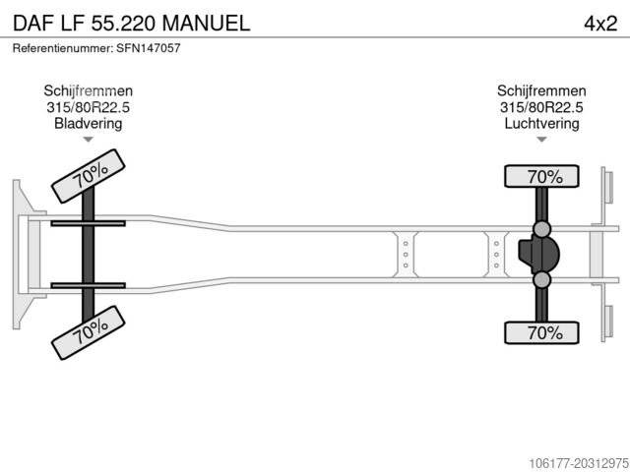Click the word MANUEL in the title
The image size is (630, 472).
[206, 23]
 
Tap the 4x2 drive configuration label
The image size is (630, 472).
[600, 24]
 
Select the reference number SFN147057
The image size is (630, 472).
[149, 48]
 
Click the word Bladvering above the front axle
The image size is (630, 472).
[88, 123]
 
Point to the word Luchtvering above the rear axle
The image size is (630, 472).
[541, 123]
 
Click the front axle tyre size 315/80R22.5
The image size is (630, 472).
[88, 107]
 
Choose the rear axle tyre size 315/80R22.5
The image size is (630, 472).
[541, 107]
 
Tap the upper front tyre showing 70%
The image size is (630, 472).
[89, 176]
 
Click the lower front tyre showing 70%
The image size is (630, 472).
[89, 332]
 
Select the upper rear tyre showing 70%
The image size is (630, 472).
[541, 176]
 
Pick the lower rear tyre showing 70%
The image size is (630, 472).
[541, 332]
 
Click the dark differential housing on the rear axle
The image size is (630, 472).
[538, 255]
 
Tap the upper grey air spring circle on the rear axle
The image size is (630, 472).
[542, 229]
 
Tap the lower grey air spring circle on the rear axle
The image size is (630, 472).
[542, 279]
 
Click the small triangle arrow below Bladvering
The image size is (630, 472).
[88, 140]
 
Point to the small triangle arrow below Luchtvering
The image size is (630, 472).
[541, 140]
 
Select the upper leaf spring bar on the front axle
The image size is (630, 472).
[88, 223]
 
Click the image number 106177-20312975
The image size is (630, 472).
[579, 463]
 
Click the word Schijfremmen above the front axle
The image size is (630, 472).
[88, 90]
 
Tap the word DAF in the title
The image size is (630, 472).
[33, 23]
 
